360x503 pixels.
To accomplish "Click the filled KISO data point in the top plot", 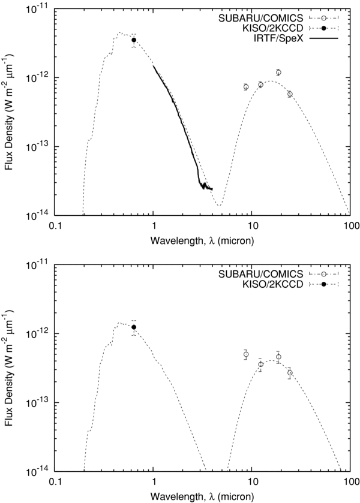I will point(134,40).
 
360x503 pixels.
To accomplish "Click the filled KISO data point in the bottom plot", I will point(134,327).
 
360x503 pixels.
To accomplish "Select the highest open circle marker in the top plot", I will point(278,73).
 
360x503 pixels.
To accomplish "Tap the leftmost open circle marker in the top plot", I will point(246,87).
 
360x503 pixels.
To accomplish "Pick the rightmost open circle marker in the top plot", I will point(290,94).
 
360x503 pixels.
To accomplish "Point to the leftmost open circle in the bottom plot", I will point(246,354).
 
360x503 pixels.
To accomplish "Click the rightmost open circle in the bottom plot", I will point(290,372).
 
